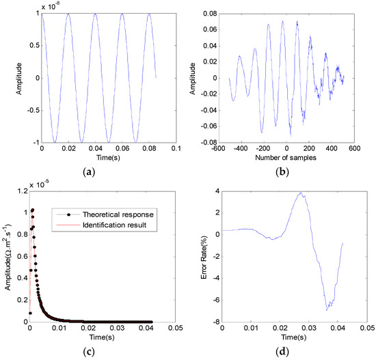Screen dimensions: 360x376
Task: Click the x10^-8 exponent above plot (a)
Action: (52, 5)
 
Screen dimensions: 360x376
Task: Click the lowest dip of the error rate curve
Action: (327, 310)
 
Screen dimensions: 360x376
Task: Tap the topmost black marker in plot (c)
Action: (31, 210)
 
